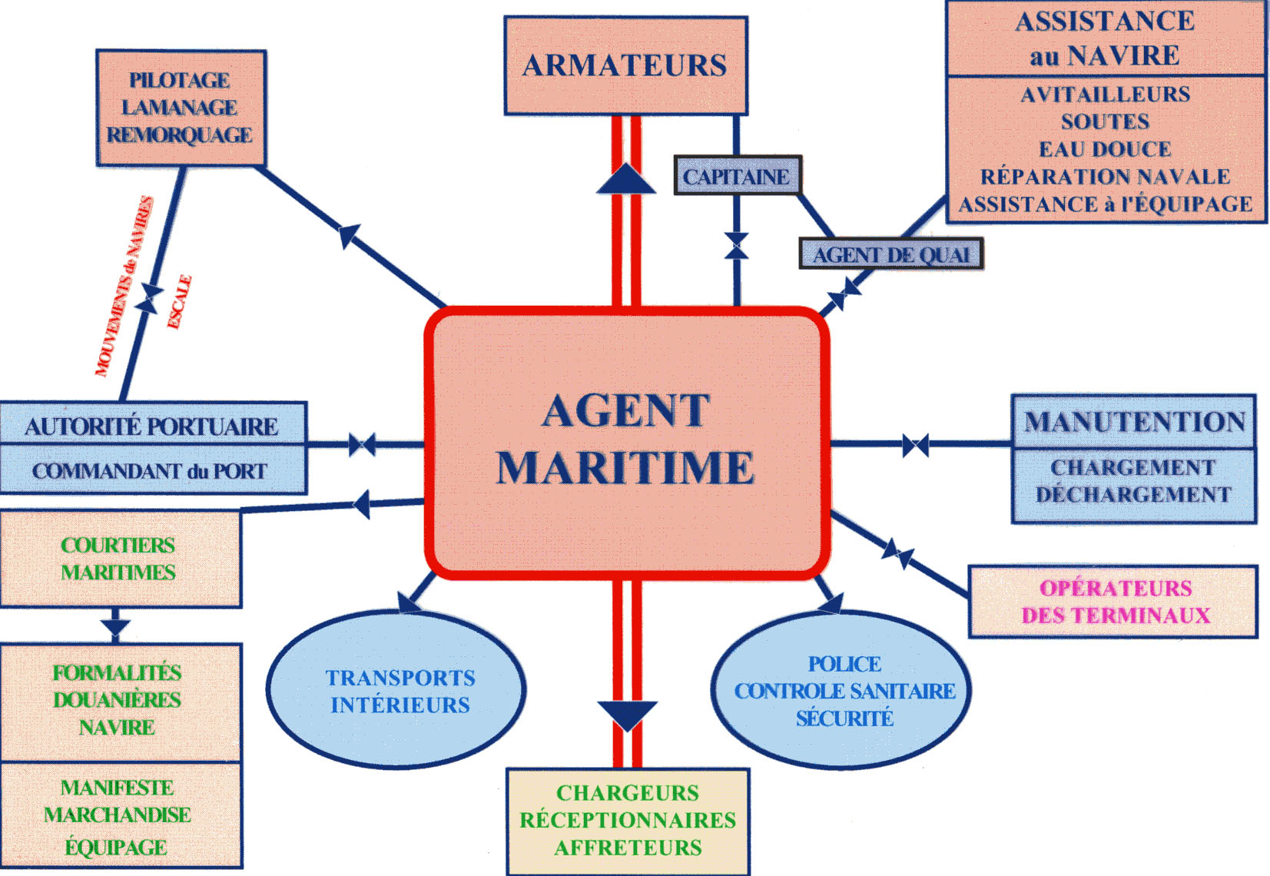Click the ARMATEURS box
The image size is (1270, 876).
pyautogui.click(x=625, y=66)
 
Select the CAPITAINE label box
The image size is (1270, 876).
pyautogui.click(x=736, y=177)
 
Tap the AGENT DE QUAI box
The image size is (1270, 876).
pyautogui.click(x=890, y=254)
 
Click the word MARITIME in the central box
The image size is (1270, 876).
pyautogui.click(x=625, y=468)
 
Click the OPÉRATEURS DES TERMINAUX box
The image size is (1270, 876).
pyautogui.click(x=1114, y=602)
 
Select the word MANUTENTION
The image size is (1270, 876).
pyautogui.click(x=1134, y=422)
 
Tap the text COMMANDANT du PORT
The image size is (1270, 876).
pyautogui.click(x=150, y=471)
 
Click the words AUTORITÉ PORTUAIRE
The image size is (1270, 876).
pyautogui.click(x=151, y=426)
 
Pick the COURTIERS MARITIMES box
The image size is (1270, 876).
pyautogui.click(x=119, y=559)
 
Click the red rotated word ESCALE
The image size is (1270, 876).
pyautogui.click(x=179, y=302)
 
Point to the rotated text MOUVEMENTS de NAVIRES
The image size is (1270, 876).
pyautogui.click(x=124, y=287)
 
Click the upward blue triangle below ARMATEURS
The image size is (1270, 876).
pyautogui.click(x=626, y=180)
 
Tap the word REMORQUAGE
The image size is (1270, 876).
pyautogui.click(x=179, y=135)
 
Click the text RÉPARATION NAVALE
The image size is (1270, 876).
pyautogui.click(x=1105, y=177)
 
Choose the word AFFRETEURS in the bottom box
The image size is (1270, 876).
pyautogui.click(x=628, y=848)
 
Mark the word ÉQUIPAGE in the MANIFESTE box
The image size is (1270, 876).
pyautogui.click(x=116, y=848)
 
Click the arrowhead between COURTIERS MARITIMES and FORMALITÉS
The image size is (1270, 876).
pyautogui.click(x=115, y=626)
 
